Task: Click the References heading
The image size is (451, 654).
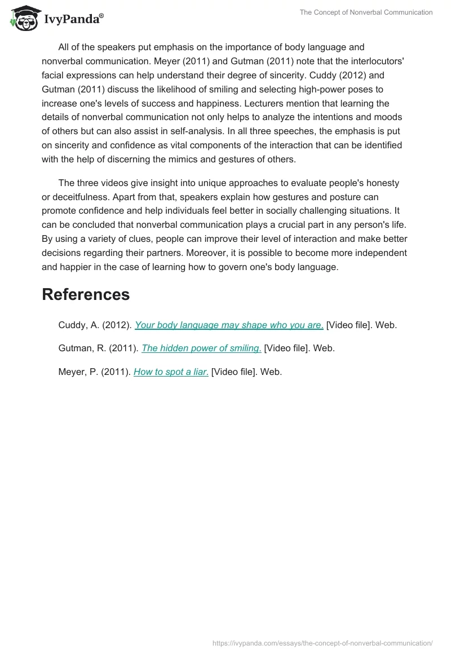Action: (86, 294)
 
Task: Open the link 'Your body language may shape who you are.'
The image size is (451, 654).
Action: (229, 325)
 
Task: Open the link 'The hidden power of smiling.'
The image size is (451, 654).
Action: (201, 348)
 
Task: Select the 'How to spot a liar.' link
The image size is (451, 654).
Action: (171, 372)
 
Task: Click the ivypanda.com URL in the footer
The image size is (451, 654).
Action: (322, 643)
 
